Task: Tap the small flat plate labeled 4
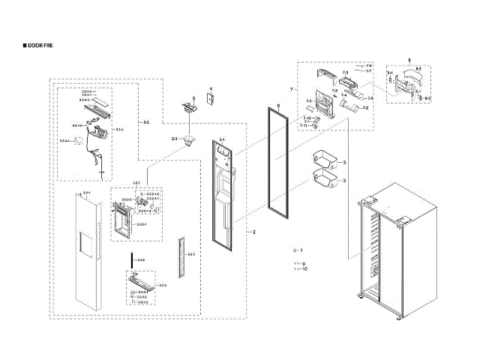coord(211,100)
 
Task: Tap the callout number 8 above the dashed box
coord(409,59)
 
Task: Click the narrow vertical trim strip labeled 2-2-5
coord(181,255)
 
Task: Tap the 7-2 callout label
coord(365,109)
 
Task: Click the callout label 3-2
coord(145,121)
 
